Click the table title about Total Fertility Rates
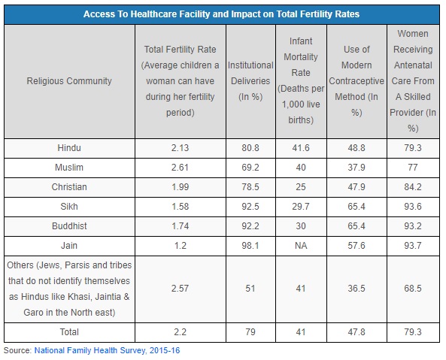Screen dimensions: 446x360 pos(221,14)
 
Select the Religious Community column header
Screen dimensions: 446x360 pos(69,81)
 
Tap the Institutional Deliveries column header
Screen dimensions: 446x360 pos(250,81)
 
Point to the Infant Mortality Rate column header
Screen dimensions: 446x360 pos(301,80)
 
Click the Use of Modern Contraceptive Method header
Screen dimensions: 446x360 pos(356,81)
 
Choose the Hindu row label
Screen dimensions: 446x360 pos(69,148)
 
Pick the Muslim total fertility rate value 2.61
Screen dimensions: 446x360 pos(180,168)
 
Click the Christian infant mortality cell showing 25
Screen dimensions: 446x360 pos(301,187)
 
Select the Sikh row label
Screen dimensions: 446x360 pos(69,206)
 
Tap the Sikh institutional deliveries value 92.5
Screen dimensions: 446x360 pos(250,206)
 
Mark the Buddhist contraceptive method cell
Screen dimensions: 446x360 pos(356,226)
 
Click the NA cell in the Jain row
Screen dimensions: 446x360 pos(301,246)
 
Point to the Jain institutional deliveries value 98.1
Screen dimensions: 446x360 pos(250,246)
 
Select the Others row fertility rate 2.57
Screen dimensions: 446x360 pos(180,289)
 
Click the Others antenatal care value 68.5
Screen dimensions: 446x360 pos(413,289)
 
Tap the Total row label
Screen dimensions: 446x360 pos(69,332)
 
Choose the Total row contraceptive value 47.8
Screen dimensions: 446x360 pos(356,332)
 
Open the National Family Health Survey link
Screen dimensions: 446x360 pos(107,350)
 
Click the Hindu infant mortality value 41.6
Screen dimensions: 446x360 pos(301,148)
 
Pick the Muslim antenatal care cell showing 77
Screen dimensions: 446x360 pos(413,168)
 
